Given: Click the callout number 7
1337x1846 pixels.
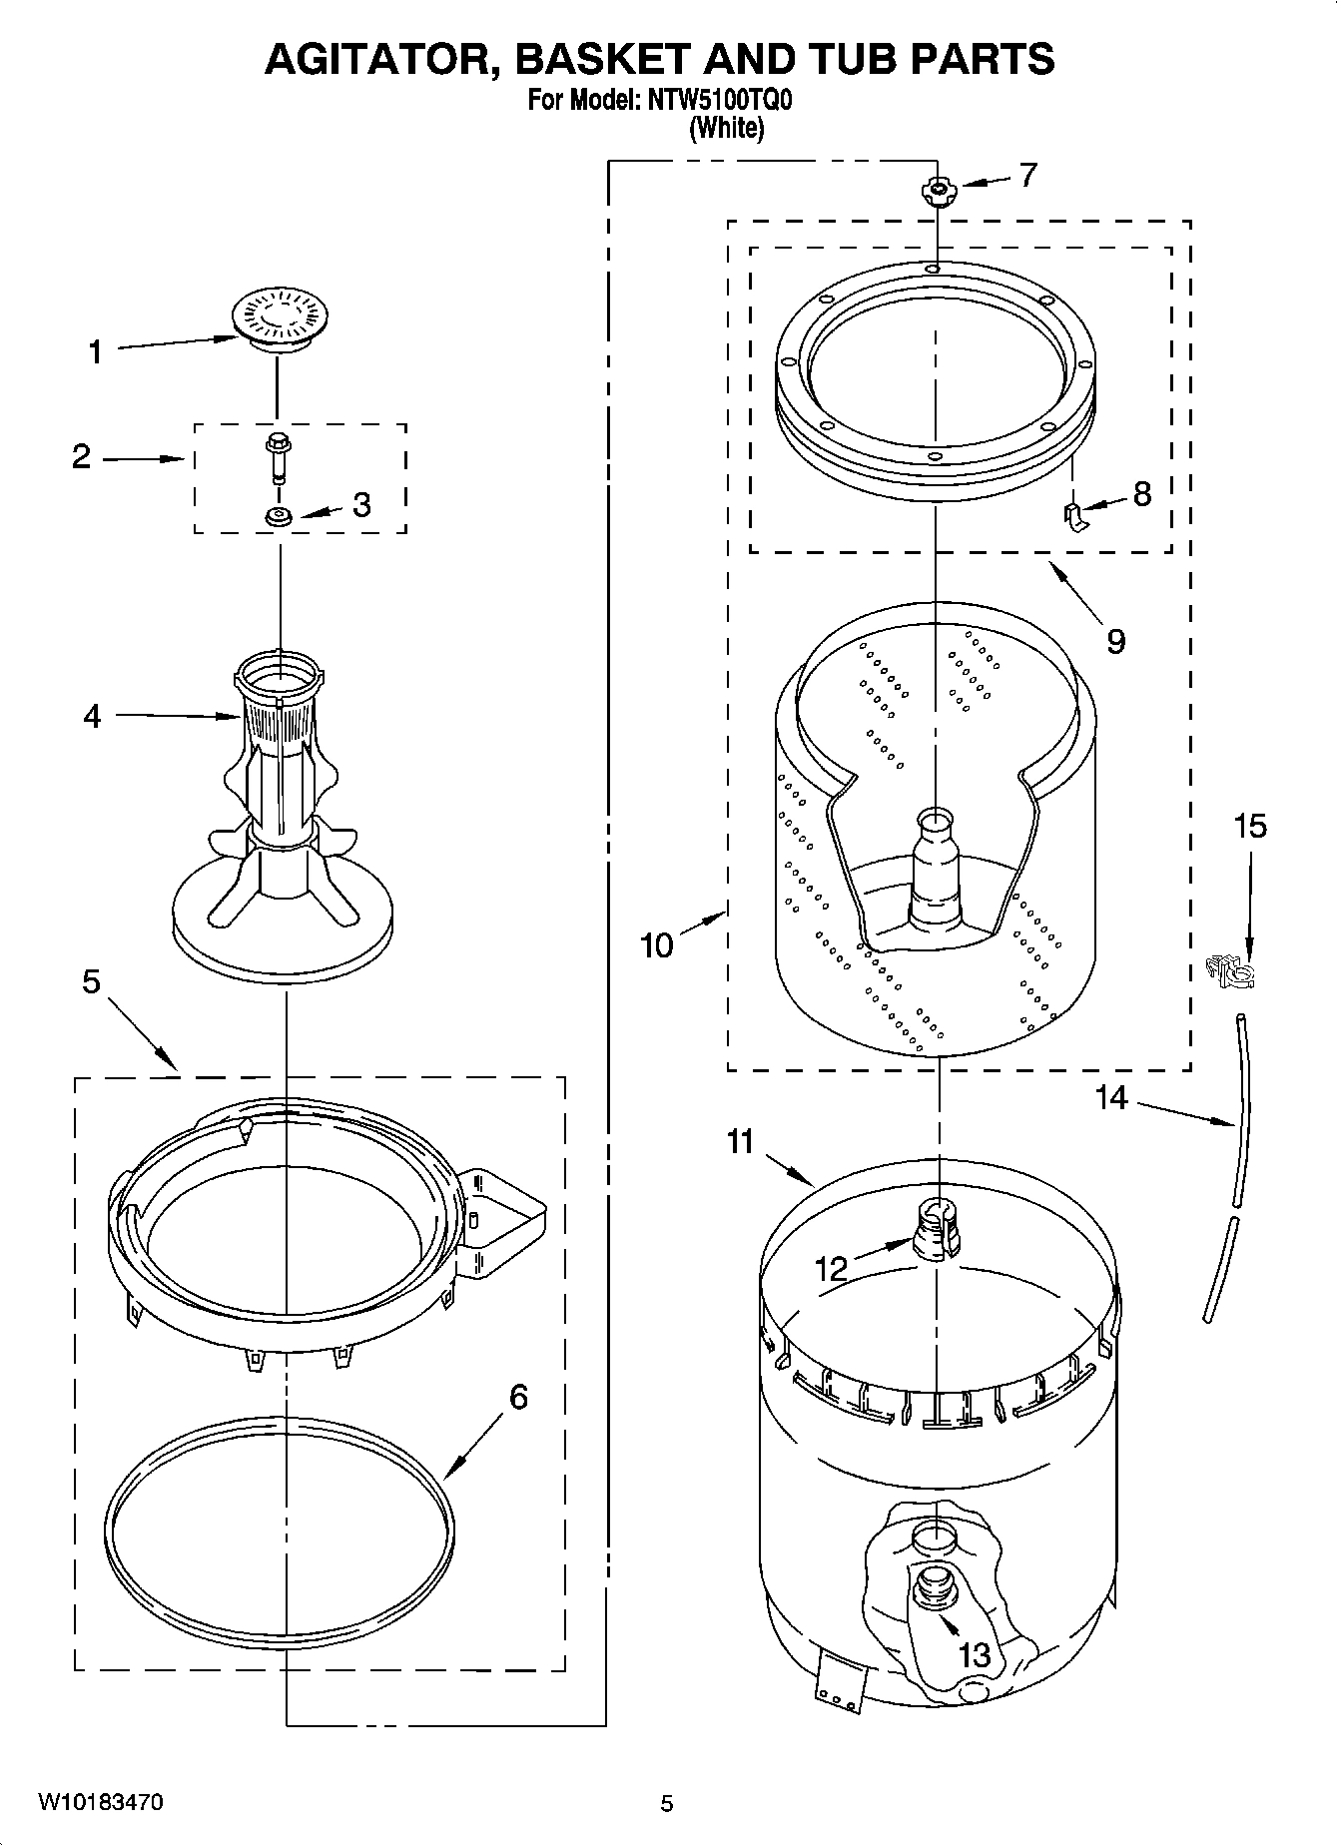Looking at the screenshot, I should pos(1027,176).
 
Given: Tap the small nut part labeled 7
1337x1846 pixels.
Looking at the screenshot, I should pos(938,190).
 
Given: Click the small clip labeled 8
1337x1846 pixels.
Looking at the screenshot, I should pos(1072,518).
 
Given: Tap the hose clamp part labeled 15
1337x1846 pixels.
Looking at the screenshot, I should pos(1231,969).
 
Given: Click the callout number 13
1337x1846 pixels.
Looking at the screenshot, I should pos(975,1654).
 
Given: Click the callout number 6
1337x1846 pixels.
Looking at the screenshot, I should pos(518,1397).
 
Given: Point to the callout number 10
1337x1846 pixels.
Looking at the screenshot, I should pos(656,943).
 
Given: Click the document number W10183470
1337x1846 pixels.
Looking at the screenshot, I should pos(101,1802).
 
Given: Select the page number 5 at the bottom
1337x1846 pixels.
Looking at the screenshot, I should pos(667,1803).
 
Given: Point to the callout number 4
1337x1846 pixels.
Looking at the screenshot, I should pos(92,716).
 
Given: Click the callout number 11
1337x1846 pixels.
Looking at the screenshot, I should pos(740,1141).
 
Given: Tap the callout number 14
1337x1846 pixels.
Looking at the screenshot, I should pos(1111,1098).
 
